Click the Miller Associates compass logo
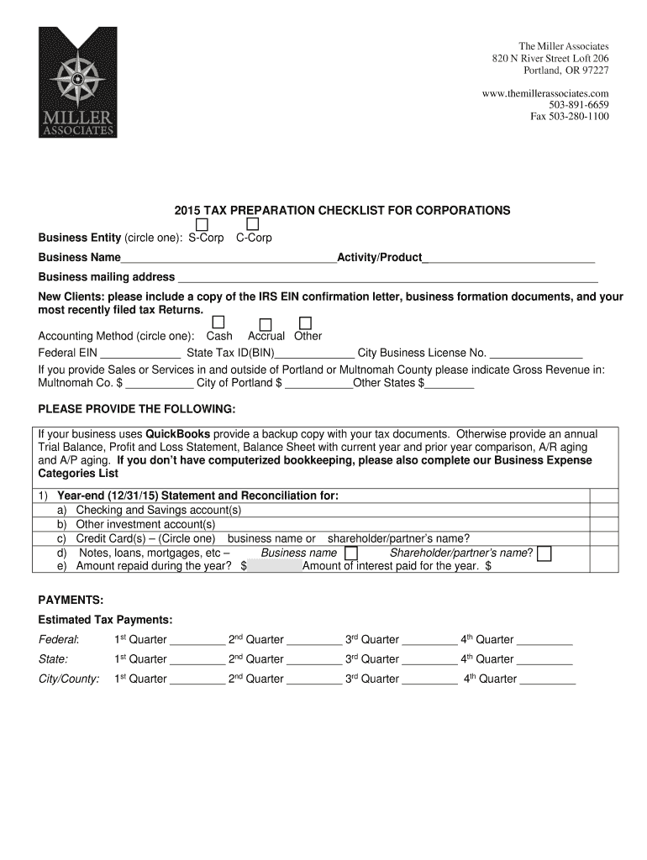[x=77, y=82]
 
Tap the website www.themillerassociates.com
[x=545, y=93]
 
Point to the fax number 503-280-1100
[x=569, y=117]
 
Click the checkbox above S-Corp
[x=203, y=225]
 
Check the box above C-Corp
[x=252, y=225]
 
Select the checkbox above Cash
[x=218, y=322]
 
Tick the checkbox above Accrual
[x=266, y=324]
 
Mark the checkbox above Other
[x=305, y=322]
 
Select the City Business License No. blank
[x=536, y=354]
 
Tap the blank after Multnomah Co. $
[x=160, y=383]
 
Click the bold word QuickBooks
[x=178, y=434]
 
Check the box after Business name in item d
[x=351, y=553]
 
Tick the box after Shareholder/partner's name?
[x=544, y=553]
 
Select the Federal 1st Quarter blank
[x=197, y=640]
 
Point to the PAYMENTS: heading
[x=71, y=600]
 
